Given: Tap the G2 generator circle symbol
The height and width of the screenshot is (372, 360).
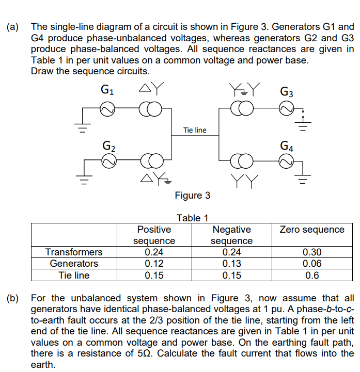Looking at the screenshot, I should pyautogui.click(x=108, y=162).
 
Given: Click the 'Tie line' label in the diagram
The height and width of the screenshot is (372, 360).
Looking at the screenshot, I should pyautogui.click(x=195, y=130).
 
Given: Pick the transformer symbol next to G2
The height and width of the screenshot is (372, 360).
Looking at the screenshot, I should pyautogui.click(x=150, y=162).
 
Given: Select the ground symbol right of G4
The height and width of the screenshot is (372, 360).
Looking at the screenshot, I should pyautogui.click(x=306, y=179).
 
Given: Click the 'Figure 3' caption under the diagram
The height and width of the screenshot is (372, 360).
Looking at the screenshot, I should pyautogui.click(x=193, y=196).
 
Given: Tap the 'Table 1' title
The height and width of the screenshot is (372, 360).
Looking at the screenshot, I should pyautogui.click(x=192, y=218).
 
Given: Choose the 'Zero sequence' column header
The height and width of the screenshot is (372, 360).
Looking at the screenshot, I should pyautogui.click(x=312, y=230).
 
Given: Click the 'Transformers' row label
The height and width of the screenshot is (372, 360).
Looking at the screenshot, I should pyautogui.click(x=74, y=252).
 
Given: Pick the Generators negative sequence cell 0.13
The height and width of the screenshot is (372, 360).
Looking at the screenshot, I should pyautogui.click(x=231, y=264).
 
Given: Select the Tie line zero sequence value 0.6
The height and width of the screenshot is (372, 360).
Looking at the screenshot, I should pyautogui.click(x=312, y=275).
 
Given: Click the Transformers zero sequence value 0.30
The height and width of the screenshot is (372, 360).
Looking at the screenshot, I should pyautogui.click(x=312, y=252).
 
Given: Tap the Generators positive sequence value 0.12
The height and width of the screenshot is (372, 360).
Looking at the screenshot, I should pyautogui.click(x=154, y=264).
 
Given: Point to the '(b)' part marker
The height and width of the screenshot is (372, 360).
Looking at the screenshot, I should pyautogui.click(x=13, y=298).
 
